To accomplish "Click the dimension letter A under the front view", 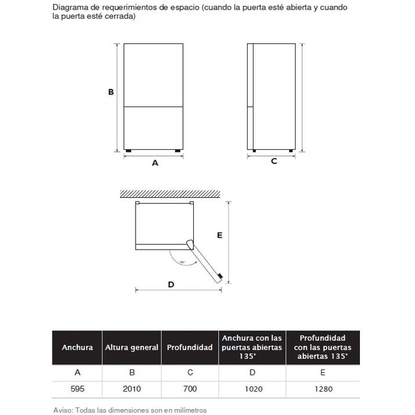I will tap(155, 163).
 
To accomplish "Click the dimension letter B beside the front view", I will tap(111, 92).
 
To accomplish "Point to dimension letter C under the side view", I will tap(274, 161).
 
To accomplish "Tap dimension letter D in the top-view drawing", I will tap(171, 284).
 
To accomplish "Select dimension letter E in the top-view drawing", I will tap(220, 235).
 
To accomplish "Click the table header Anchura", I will tap(77, 348).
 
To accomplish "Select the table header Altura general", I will tap(132, 348).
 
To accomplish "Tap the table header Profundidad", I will tap(189, 348).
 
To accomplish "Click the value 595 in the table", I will tap(77, 389).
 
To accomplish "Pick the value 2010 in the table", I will tap(132, 389).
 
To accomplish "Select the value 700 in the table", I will tap(189, 389).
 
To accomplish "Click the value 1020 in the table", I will tap(252, 389).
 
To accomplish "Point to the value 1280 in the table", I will tap(323, 389).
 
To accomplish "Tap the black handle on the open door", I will tap(222, 276).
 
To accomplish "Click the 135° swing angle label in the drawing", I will tap(182, 262).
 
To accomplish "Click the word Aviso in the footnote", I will tap(62, 410).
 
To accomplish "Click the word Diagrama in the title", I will tap(72, 7).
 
